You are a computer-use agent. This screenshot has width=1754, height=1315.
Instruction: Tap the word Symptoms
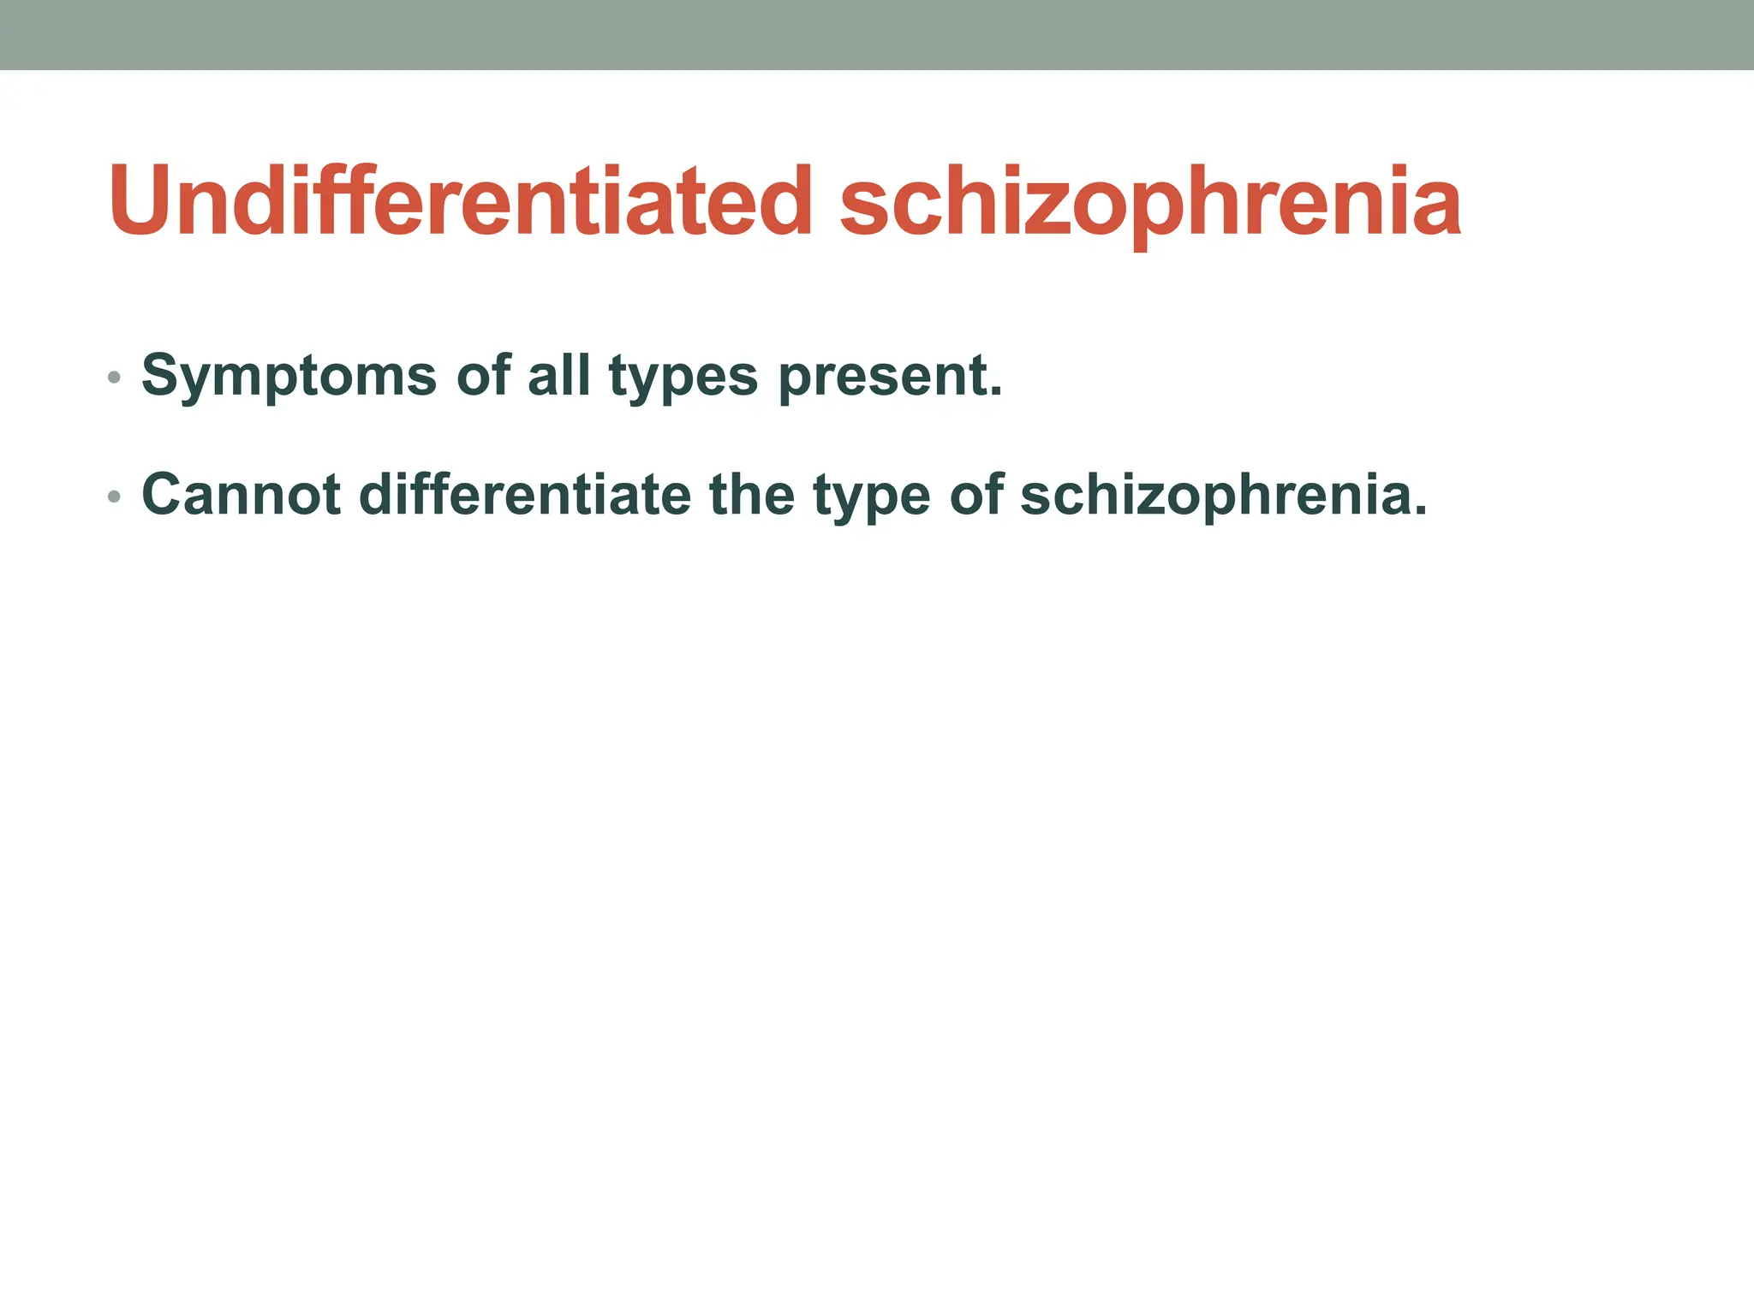[289, 377]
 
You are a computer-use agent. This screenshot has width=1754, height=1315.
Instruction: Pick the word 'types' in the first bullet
[683, 378]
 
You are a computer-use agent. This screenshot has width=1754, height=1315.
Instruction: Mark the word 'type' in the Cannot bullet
[871, 498]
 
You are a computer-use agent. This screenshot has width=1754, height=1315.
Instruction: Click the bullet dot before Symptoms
[114, 378]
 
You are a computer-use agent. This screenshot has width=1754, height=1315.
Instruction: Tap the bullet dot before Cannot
[114, 497]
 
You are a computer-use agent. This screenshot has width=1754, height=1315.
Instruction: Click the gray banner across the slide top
[877, 34]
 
